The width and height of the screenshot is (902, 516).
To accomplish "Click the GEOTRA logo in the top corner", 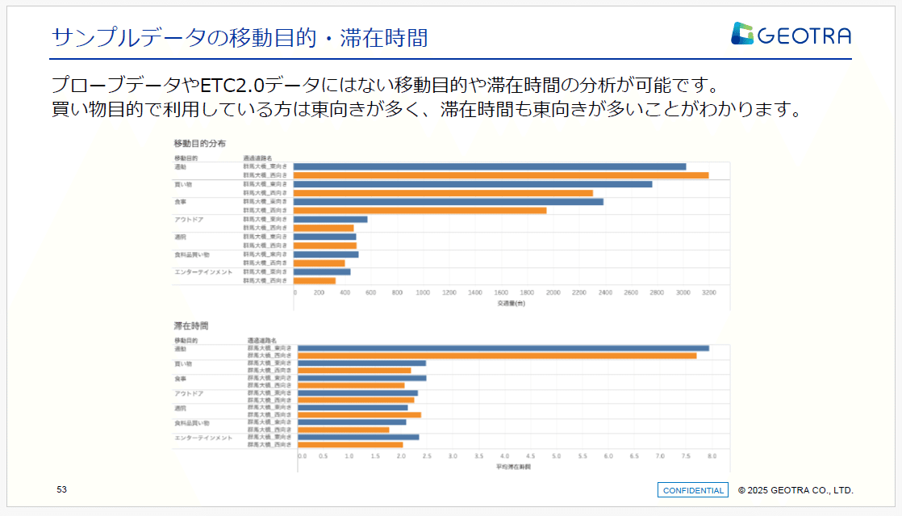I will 791,34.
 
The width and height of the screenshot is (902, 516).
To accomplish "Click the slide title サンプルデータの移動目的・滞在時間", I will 239,37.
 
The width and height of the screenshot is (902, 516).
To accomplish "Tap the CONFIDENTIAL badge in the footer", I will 693,490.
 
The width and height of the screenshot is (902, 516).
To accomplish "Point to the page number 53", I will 61,489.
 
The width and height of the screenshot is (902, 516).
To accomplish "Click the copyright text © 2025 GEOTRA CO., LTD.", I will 796,490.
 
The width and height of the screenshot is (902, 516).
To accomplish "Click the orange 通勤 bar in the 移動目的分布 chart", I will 500,175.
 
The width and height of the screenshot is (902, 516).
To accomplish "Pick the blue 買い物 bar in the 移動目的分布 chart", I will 473,184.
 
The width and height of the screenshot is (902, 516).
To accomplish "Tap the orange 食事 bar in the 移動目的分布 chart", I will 420,211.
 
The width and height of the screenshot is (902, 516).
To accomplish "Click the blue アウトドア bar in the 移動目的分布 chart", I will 330,219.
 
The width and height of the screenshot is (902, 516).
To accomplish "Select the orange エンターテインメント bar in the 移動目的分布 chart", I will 315,281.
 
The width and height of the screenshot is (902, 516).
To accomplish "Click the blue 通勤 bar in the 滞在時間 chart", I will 503,348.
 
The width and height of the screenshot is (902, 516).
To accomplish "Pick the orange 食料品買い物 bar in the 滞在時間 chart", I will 343,430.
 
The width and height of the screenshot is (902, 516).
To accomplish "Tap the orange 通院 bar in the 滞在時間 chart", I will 359,415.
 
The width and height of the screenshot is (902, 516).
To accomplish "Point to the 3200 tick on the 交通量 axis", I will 708,292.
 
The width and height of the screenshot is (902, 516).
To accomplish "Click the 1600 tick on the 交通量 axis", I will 501,292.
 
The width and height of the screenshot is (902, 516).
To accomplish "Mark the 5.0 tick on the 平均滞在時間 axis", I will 557,456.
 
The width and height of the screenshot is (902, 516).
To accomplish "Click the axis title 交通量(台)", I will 511,303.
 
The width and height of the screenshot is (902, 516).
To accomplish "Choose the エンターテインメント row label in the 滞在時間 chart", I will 203,438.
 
